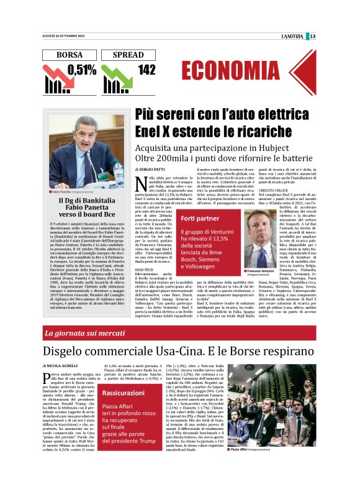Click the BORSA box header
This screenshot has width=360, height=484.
point(69,55)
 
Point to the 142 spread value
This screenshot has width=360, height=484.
point(146,70)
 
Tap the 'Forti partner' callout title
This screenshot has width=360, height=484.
point(199,219)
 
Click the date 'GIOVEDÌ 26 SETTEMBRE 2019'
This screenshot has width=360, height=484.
point(64,35)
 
